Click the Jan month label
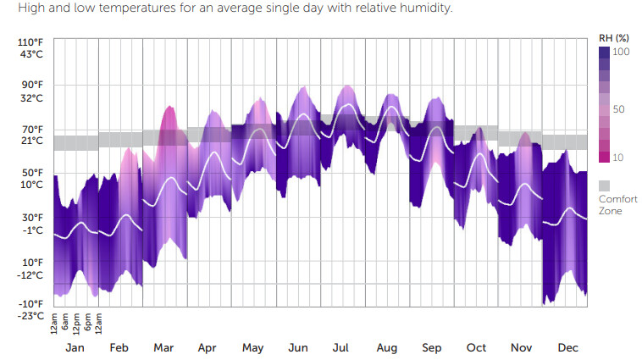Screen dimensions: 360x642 pyautogui.click(x=75, y=348)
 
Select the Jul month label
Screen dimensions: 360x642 pyautogui.click(x=342, y=348)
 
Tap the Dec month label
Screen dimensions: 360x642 pyautogui.click(x=567, y=348)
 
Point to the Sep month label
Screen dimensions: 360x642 pyautogui.click(x=431, y=348)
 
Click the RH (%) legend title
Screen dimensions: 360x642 pyautogui.click(x=614, y=38)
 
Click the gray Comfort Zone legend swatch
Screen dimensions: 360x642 pyautogui.click(x=604, y=185)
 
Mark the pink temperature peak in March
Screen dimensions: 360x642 pyautogui.click(x=169, y=110)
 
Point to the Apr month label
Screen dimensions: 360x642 pyautogui.click(x=207, y=348)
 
